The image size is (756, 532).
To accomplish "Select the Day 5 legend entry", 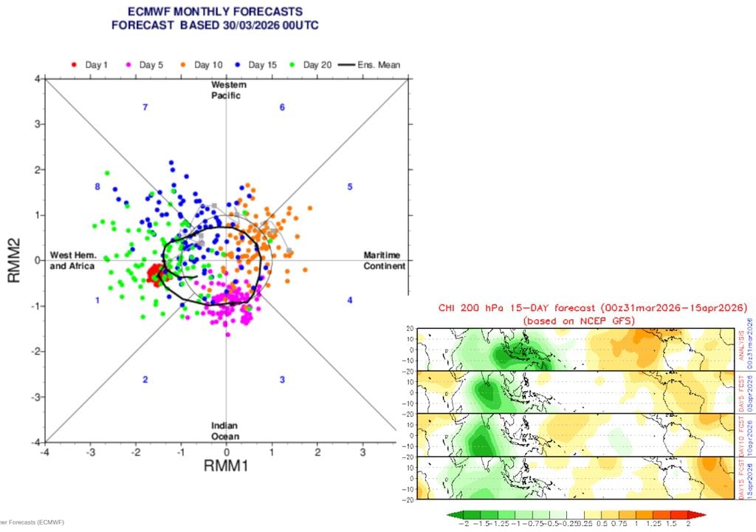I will pyautogui.click(x=144, y=65).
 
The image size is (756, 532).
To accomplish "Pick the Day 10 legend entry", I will pyautogui.click(x=201, y=65).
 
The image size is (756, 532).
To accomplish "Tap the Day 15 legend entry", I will pyautogui.click(x=256, y=65).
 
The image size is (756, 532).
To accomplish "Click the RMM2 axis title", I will pyautogui.click(x=13, y=260).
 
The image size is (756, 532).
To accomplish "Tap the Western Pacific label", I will pyautogui.click(x=226, y=90).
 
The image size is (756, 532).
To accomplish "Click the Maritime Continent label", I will pyautogui.click(x=384, y=261).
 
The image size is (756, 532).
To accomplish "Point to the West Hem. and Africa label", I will pyautogui.click(x=72, y=261).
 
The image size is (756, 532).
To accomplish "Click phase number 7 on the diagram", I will pyautogui.click(x=145, y=108).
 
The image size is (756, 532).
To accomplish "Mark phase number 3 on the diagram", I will pyautogui.click(x=282, y=380).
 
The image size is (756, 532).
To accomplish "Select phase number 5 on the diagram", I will pyautogui.click(x=350, y=187).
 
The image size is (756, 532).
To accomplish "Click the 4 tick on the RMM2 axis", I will pyautogui.click(x=36, y=79).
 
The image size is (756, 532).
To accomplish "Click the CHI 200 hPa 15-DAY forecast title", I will pyautogui.click(x=593, y=307).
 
